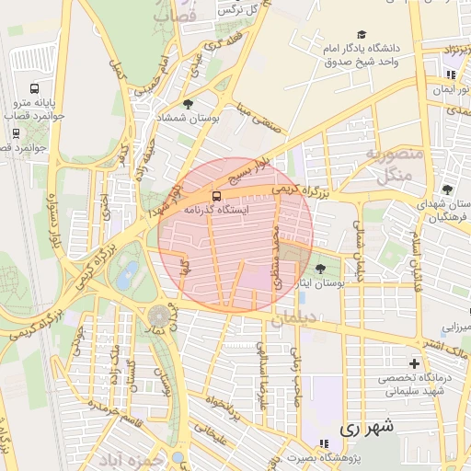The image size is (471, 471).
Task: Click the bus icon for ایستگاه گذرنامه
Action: [216, 196]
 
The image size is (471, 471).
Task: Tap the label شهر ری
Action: [366, 427]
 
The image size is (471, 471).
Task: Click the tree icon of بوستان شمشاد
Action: [189, 104]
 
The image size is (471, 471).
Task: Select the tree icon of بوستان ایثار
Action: [319, 269]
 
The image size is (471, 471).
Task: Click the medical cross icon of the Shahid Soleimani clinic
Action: [413, 364]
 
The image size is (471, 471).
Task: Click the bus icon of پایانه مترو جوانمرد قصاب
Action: [34, 89]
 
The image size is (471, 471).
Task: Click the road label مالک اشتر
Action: [448, 350]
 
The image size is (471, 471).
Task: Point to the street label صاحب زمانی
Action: [296, 373]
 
